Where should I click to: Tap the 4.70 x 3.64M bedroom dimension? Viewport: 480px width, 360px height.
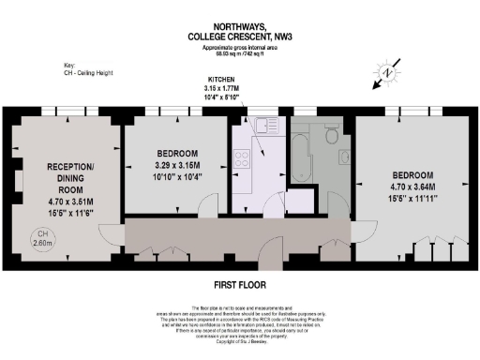tap(412, 187)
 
